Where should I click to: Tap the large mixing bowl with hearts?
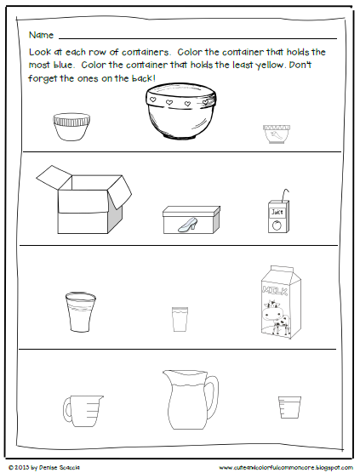(x=180, y=117)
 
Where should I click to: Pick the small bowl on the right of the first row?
(x=277, y=132)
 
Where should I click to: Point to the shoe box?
(x=191, y=219)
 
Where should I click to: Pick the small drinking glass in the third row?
(x=180, y=320)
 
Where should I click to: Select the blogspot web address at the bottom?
(x=283, y=466)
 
